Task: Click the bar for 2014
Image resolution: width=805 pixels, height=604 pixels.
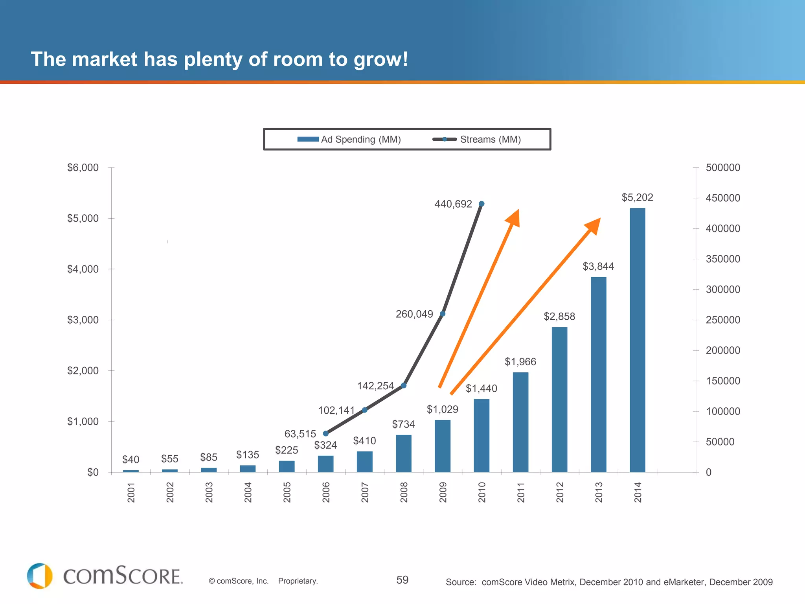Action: point(637,340)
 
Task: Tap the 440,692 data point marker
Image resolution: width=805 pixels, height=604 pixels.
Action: point(482,204)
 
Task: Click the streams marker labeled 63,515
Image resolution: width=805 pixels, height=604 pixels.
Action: point(325,433)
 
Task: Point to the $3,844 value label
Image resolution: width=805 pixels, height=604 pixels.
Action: point(598,267)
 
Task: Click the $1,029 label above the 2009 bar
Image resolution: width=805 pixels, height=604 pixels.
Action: point(443,409)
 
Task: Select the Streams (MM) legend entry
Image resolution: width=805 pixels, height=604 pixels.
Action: point(477,139)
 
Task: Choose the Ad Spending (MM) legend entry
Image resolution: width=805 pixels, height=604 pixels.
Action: point(349,139)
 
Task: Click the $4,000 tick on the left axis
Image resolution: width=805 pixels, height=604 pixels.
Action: point(83,269)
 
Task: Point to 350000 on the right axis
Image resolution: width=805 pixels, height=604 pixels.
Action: point(722,259)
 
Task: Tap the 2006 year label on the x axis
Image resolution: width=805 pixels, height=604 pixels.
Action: point(326,492)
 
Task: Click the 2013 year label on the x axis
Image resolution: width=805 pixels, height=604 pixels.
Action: point(599,492)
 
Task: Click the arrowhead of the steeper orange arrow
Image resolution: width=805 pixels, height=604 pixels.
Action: point(514,219)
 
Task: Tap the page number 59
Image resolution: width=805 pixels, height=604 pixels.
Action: point(402,580)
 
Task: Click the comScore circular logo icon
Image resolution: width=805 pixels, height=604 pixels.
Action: point(40,576)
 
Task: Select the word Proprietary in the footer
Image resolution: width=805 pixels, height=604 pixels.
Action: point(298,581)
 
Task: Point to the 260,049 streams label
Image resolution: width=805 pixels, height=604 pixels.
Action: point(414,314)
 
